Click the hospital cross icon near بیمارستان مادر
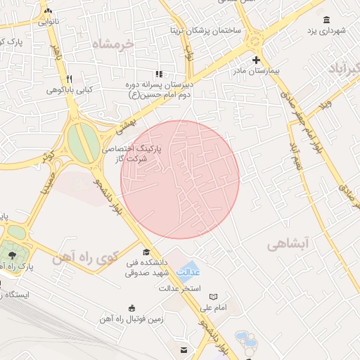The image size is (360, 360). point(256,60)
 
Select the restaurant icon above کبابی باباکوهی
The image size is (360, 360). point(69,79)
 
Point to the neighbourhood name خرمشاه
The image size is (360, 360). point(122,44)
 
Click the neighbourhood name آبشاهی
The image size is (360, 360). point(288,244)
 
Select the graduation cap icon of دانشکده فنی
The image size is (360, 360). point(146,252)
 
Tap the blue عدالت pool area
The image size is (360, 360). point(188,270)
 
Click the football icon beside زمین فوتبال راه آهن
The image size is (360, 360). point(132,308)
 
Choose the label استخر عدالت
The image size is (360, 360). point(180,288)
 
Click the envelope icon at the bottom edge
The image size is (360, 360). point(183,350)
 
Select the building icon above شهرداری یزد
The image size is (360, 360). point(326,20)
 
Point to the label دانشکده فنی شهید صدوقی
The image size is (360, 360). point(147,267)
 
